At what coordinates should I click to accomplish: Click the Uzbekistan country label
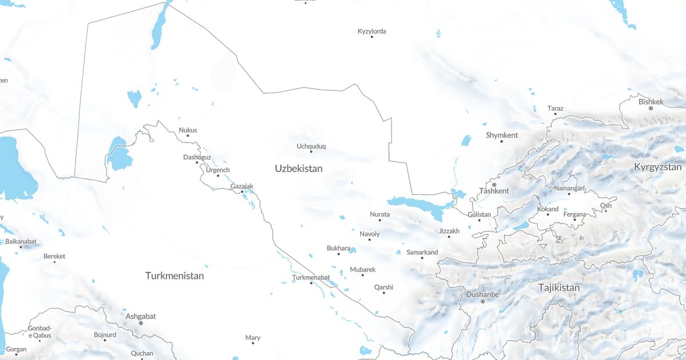coord(298,169)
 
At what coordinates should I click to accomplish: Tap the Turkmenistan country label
coord(174,275)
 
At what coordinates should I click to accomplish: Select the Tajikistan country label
coord(559,287)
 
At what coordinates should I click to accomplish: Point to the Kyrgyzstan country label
coord(657,167)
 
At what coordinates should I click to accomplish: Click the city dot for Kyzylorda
coord(372,37)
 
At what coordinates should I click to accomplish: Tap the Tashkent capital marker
coord(494,185)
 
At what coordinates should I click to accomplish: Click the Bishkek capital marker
coord(651,107)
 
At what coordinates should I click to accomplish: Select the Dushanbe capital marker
coord(482,301)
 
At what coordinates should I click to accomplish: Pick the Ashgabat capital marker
coord(141,323)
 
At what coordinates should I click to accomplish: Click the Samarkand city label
coord(422,252)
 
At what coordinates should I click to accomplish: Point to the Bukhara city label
coord(338,248)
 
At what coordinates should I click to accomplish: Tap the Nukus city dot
coord(188,135)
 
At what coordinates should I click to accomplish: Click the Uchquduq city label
coord(311,146)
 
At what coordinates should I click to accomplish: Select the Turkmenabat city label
coord(311,277)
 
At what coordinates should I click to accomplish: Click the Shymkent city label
coord(501,135)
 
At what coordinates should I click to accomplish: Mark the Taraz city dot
coord(555,114)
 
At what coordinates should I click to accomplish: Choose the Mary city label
coord(253,338)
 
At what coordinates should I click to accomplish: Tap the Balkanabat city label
coord(21,241)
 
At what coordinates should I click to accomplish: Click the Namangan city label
coord(569,188)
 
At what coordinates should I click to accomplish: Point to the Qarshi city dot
coord(384,293)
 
